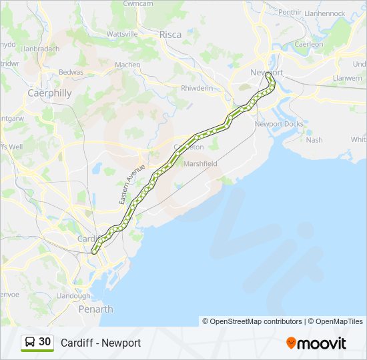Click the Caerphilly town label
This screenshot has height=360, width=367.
click(x=49, y=93)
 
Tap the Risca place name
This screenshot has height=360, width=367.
click(x=170, y=34)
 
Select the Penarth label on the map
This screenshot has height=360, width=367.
click(x=95, y=309)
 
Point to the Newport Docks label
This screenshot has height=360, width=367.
click(x=279, y=124)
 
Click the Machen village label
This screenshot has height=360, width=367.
click(x=127, y=65)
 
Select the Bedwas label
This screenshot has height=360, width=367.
click(x=71, y=72)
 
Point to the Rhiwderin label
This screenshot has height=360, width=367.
click(x=197, y=87)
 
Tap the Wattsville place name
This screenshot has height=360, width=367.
click(x=122, y=33)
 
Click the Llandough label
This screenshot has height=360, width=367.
click(x=73, y=295)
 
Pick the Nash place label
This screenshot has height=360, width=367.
click(x=314, y=140)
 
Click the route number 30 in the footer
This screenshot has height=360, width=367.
click(x=45, y=342)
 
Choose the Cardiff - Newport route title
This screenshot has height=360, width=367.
click(x=101, y=343)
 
